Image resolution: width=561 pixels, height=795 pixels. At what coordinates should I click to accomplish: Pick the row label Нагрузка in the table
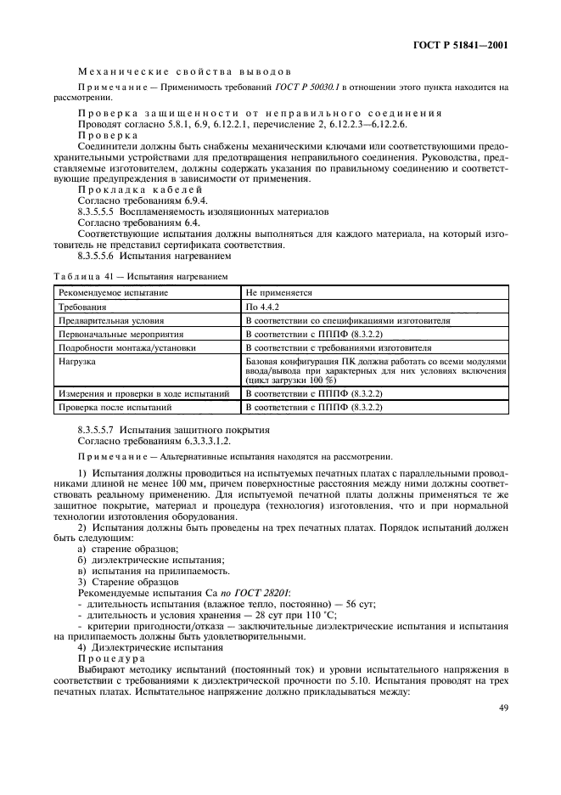[x=77, y=362]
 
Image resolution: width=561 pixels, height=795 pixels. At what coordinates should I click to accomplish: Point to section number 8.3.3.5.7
[x=99, y=431]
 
